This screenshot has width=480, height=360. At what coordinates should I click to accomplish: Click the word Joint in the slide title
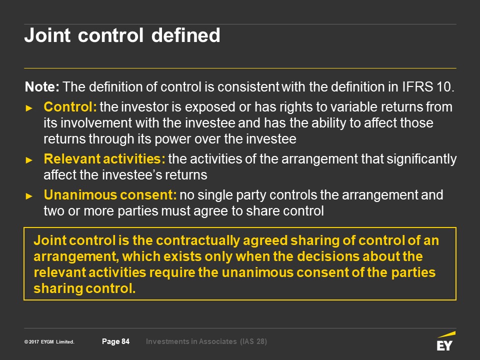point(47,35)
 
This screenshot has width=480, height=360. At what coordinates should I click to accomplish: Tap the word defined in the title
point(186,35)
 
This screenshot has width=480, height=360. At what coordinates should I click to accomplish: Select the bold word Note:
point(42,87)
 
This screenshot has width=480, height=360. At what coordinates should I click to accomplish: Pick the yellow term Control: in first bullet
point(70,107)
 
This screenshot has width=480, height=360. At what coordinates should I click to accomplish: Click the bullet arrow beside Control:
point(29,108)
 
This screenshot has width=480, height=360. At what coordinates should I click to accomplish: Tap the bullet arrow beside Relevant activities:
point(29,160)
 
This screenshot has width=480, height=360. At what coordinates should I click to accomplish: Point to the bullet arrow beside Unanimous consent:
point(29,196)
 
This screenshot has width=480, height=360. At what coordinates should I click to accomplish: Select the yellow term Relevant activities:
point(104,159)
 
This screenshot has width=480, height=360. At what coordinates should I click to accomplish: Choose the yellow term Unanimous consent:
point(110,195)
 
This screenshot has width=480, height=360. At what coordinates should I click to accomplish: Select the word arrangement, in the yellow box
point(76,257)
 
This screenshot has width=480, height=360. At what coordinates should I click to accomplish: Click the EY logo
point(445,340)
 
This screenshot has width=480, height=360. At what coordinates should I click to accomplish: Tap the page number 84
point(125,341)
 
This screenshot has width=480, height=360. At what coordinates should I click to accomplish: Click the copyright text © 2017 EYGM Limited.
point(49,342)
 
